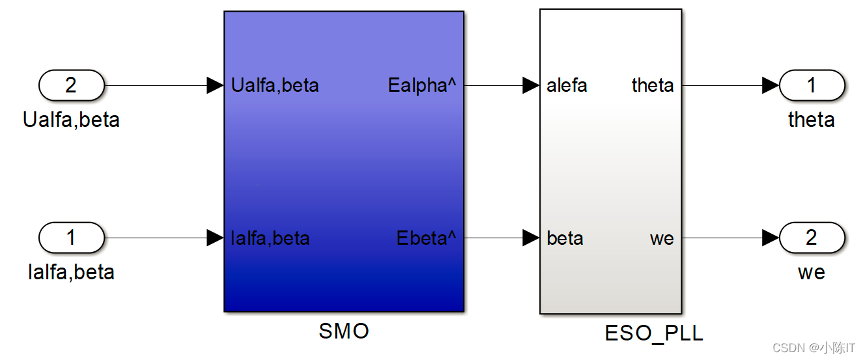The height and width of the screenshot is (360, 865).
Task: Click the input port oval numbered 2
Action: point(72,85)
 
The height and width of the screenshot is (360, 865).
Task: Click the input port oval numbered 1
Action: point(72,238)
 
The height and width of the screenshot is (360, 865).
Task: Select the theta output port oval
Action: point(812,85)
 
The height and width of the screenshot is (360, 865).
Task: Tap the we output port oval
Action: point(812,238)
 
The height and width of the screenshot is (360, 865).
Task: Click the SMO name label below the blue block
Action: point(343,331)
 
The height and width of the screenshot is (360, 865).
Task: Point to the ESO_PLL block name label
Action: point(654,334)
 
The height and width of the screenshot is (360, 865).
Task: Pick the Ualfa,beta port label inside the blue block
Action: point(275,85)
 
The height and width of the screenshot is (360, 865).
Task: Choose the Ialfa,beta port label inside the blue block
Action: point(270,238)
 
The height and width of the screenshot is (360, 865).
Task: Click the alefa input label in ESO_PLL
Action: point(567,85)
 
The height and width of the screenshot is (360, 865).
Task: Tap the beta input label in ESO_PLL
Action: point(565,238)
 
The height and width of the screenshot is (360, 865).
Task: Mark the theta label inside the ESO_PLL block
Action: point(652,85)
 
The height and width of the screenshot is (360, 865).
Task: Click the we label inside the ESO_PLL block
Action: point(661,238)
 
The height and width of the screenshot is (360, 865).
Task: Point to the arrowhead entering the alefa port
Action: point(532,85)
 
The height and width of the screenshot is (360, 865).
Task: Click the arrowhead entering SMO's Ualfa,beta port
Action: point(215,85)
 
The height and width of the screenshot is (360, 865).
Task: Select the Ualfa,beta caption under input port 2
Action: point(71,120)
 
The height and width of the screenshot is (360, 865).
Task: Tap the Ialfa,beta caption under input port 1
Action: point(71,271)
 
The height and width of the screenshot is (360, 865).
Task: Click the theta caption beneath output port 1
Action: point(811,120)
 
